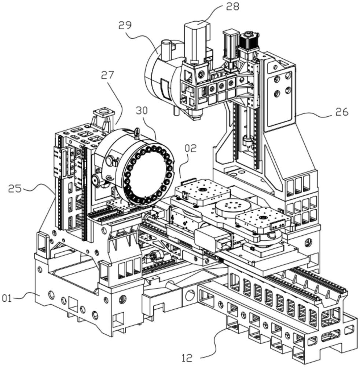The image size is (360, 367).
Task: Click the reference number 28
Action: point(232,6)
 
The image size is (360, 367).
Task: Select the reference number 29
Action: point(125,25)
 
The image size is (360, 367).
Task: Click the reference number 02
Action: point(191,148)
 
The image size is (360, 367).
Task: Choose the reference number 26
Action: point(341,112)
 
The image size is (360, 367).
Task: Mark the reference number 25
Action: point(15,189)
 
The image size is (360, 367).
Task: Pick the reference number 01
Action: point(7,298)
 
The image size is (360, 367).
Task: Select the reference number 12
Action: point(187,357)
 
